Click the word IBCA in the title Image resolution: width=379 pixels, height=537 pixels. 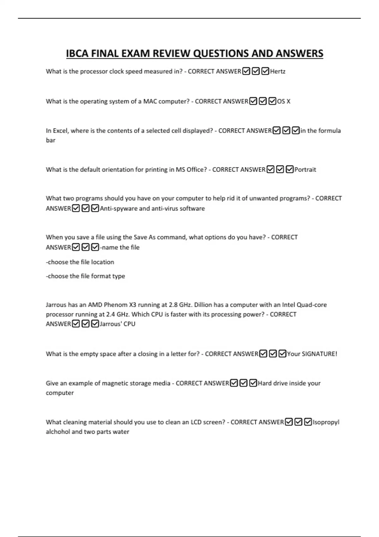[77, 54]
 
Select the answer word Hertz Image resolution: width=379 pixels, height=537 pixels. [278, 71]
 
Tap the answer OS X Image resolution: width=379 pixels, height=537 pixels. [284, 101]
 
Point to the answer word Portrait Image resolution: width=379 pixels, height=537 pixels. [305, 170]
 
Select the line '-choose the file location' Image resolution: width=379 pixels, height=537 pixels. [80, 262]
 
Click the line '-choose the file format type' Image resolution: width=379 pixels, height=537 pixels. [85, 276]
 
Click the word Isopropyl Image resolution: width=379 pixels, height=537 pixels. [326, 422]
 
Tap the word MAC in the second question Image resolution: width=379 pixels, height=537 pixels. [150, 101]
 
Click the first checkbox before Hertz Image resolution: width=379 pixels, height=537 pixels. [246, 71]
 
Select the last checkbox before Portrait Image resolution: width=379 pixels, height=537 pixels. [290, 170]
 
